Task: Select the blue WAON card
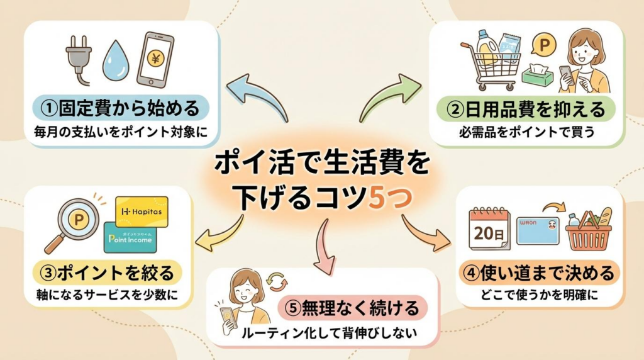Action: coord(538,230)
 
